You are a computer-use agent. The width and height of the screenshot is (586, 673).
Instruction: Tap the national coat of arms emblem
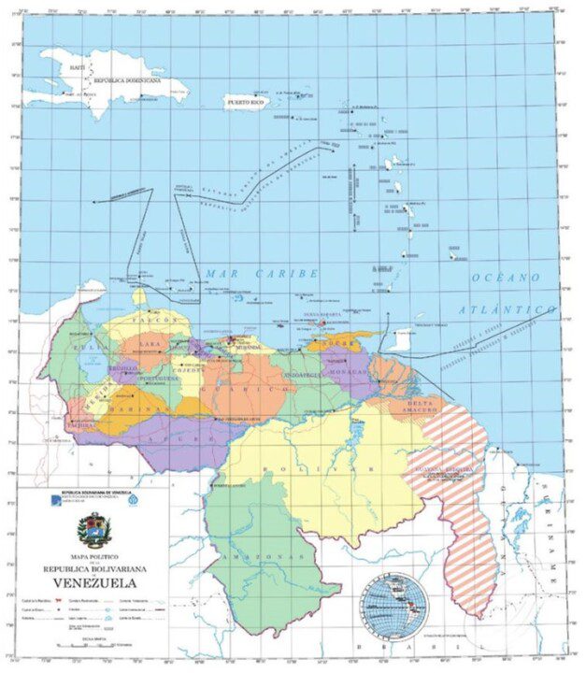coord(91,529)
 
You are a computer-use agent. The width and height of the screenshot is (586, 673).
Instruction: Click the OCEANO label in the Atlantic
coord(506,279)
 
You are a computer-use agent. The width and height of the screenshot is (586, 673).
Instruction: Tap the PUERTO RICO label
coord(246,101)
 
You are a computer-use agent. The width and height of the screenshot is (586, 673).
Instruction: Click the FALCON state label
coord(162,321)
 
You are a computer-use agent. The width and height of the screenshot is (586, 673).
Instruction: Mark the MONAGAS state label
coord(352,372)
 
